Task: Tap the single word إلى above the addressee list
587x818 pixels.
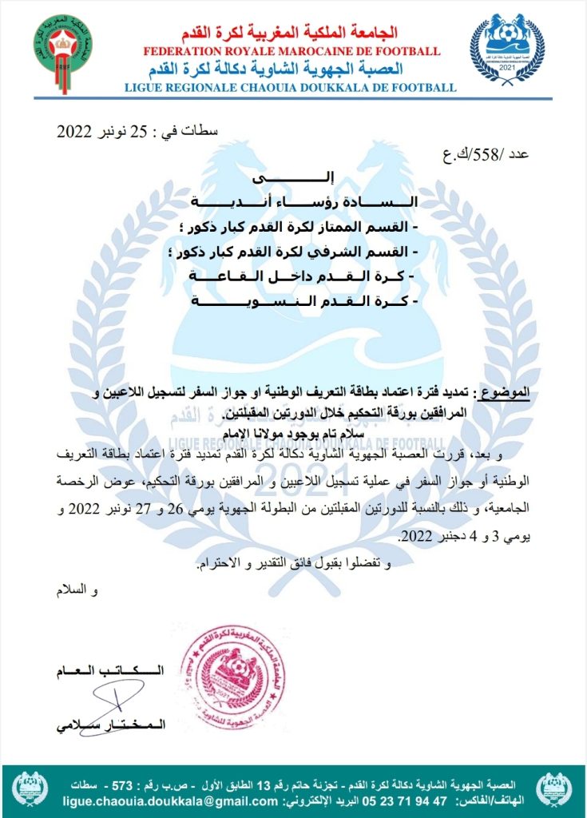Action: [299, 175]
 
